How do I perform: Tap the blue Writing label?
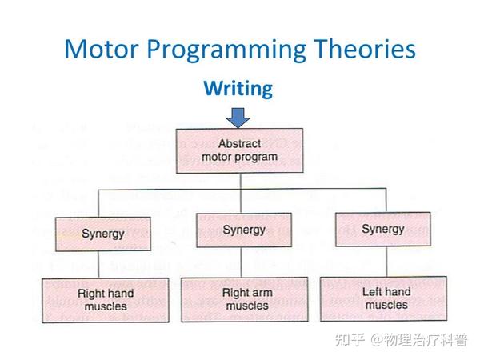(x=238, y=88)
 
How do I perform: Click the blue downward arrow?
(x=238, y=118)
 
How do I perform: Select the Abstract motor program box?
(x=238, y=150)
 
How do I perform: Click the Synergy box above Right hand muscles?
(x=102, y=234)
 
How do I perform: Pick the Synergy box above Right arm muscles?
(x=243, y=230)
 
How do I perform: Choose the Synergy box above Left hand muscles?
(x=382, y=229)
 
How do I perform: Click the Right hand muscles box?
(x=106, y=299)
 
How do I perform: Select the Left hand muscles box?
(x=386, y=298)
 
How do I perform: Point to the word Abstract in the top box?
(x=240, y=143)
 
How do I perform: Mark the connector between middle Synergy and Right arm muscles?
(x=243, y=262)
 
